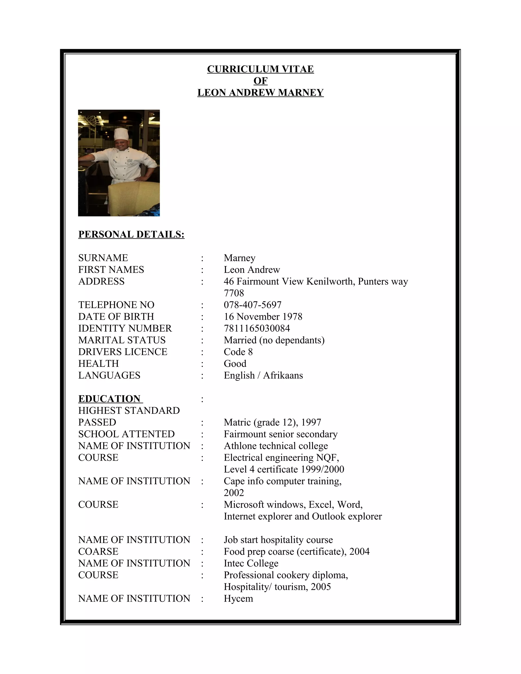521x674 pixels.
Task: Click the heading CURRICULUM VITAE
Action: tap(260, 69)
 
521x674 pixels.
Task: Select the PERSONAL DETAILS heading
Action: tap(131, 234)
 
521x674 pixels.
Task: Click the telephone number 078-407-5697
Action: tap(252, 305)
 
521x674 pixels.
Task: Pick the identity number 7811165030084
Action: tap(257, 328)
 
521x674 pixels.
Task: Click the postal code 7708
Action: tap(234, 293)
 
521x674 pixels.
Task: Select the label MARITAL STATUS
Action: tap(122, 340)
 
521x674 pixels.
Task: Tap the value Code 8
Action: tap(238, 352)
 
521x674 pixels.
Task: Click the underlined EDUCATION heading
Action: tap(110, 399)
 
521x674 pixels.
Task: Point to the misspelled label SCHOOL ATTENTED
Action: tap(126, 434)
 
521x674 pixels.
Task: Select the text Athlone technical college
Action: tap(276, 446)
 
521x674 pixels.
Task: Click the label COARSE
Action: tap(98, 551)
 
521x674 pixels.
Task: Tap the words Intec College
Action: tap(251, 563)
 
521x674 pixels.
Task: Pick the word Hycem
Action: tap(238, 598)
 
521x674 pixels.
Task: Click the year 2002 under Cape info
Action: tap(234, 493)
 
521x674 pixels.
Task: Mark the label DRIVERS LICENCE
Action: tap(123, 352)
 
